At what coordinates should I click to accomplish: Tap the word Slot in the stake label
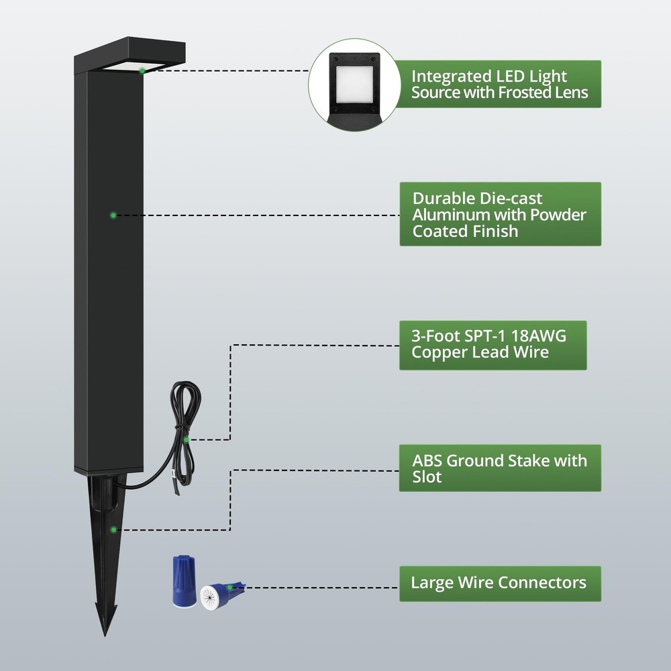pos(427,477)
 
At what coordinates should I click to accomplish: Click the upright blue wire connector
pos(184,580)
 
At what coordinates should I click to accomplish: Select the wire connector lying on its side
pos(220,596)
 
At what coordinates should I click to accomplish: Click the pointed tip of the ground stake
pos(105,635)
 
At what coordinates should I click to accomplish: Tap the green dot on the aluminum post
pos(113,215)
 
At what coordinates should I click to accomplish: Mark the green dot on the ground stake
pos(113,530)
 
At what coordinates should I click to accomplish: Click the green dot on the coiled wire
pos(186,440)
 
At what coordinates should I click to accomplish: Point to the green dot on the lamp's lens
pos(142,70)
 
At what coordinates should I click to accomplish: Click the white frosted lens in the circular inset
pos(355,85)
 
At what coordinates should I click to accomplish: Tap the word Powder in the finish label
pos(558,215)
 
